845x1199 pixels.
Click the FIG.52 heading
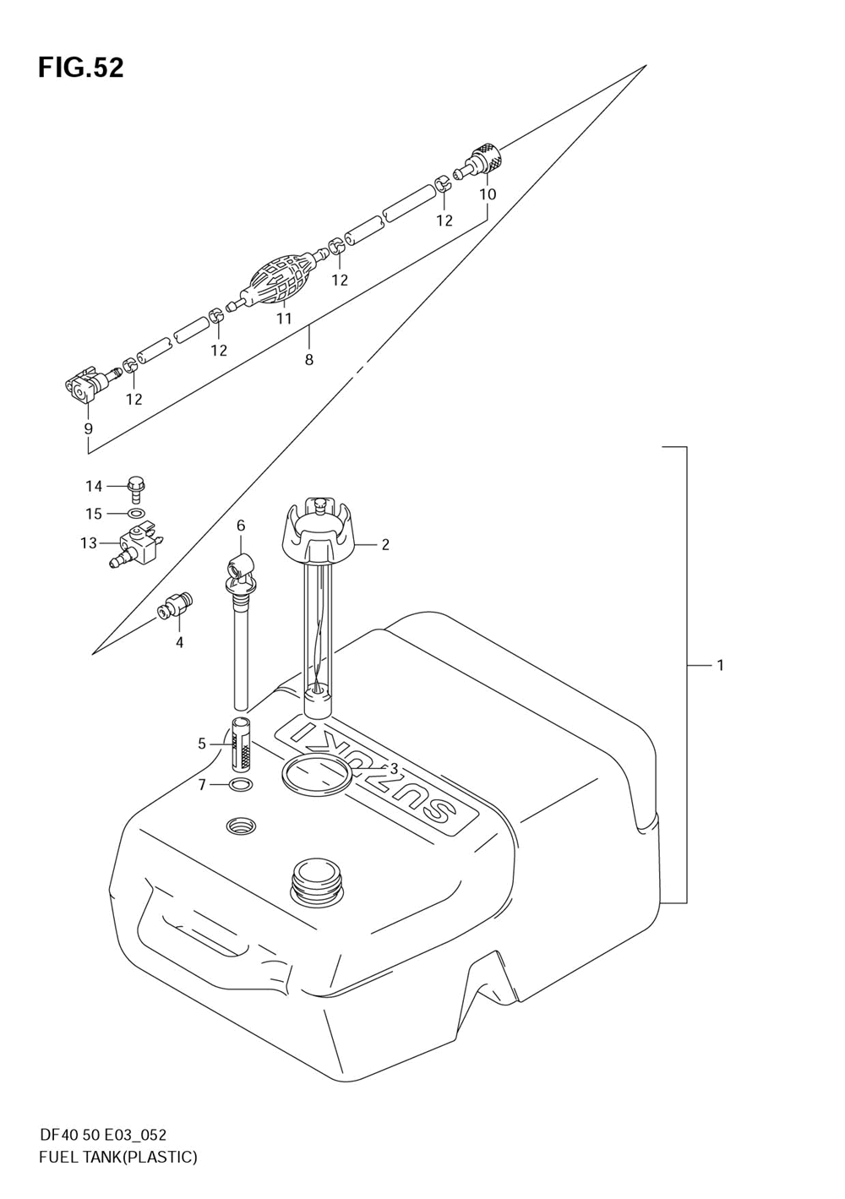coord(81,68)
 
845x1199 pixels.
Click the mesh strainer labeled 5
coord(241,744)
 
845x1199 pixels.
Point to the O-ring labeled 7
coord(241,786)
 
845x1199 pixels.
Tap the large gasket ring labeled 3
coord(314,776)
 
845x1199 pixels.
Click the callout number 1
coord(720,665)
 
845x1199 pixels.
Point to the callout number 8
coord(309,359)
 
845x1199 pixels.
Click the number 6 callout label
coord(241,526)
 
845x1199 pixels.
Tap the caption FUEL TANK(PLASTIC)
coord(118,1157)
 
